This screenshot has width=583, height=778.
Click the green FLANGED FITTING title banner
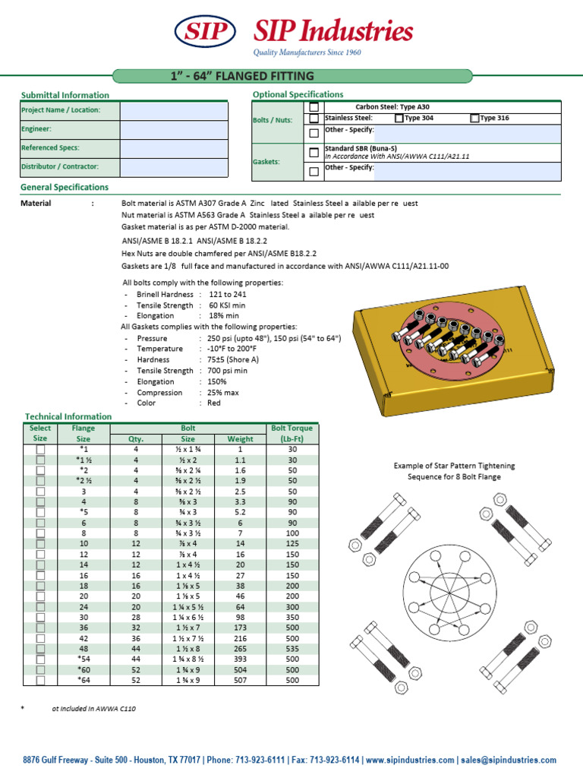click(292, 76)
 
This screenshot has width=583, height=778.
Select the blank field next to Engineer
click(174, 130)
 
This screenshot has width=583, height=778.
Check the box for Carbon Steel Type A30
click(314, 107)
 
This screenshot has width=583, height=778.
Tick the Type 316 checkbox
click(475, 118)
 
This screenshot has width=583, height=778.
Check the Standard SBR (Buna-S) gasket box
click(314, 153)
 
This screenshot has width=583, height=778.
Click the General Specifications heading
click(65, 187)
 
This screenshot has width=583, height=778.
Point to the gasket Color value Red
click(214, 403)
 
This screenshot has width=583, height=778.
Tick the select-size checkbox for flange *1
click(40, 450)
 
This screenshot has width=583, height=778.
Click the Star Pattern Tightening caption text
click(454, 471)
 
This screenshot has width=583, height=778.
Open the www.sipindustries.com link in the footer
click(409, 760)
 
